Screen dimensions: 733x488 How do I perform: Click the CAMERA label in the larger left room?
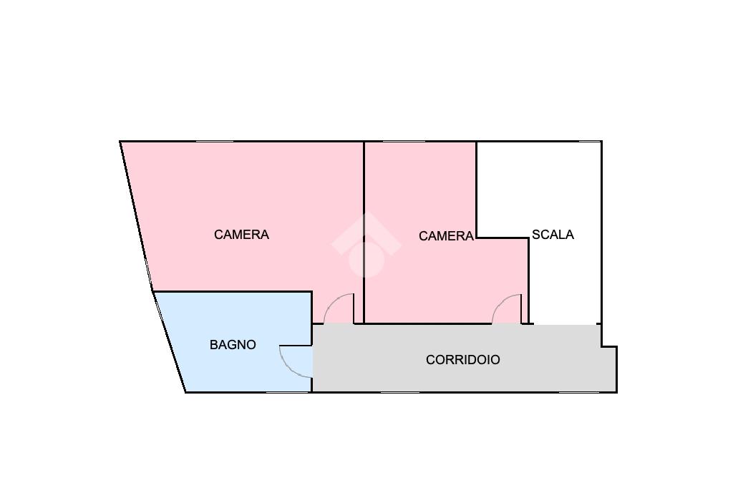[x=241, y=235]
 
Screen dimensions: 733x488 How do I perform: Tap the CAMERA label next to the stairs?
[x=446, y=236]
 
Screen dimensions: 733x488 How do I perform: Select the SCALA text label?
[x=553, y=235]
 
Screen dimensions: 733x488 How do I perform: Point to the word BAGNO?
[x=233, y=345]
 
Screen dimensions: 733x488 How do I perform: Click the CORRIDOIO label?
[x=462, y=360]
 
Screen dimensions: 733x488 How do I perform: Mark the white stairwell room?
[x=565, y=286]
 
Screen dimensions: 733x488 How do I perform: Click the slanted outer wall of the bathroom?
[x=170, y=342]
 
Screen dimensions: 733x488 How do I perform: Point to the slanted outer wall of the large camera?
[x=136, y=215]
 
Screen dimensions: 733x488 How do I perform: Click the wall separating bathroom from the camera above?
[x=233, y=292]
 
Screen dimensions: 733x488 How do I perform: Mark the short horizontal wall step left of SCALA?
[x=503, y=238]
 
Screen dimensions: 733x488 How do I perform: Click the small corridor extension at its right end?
[x=608, y=369]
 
